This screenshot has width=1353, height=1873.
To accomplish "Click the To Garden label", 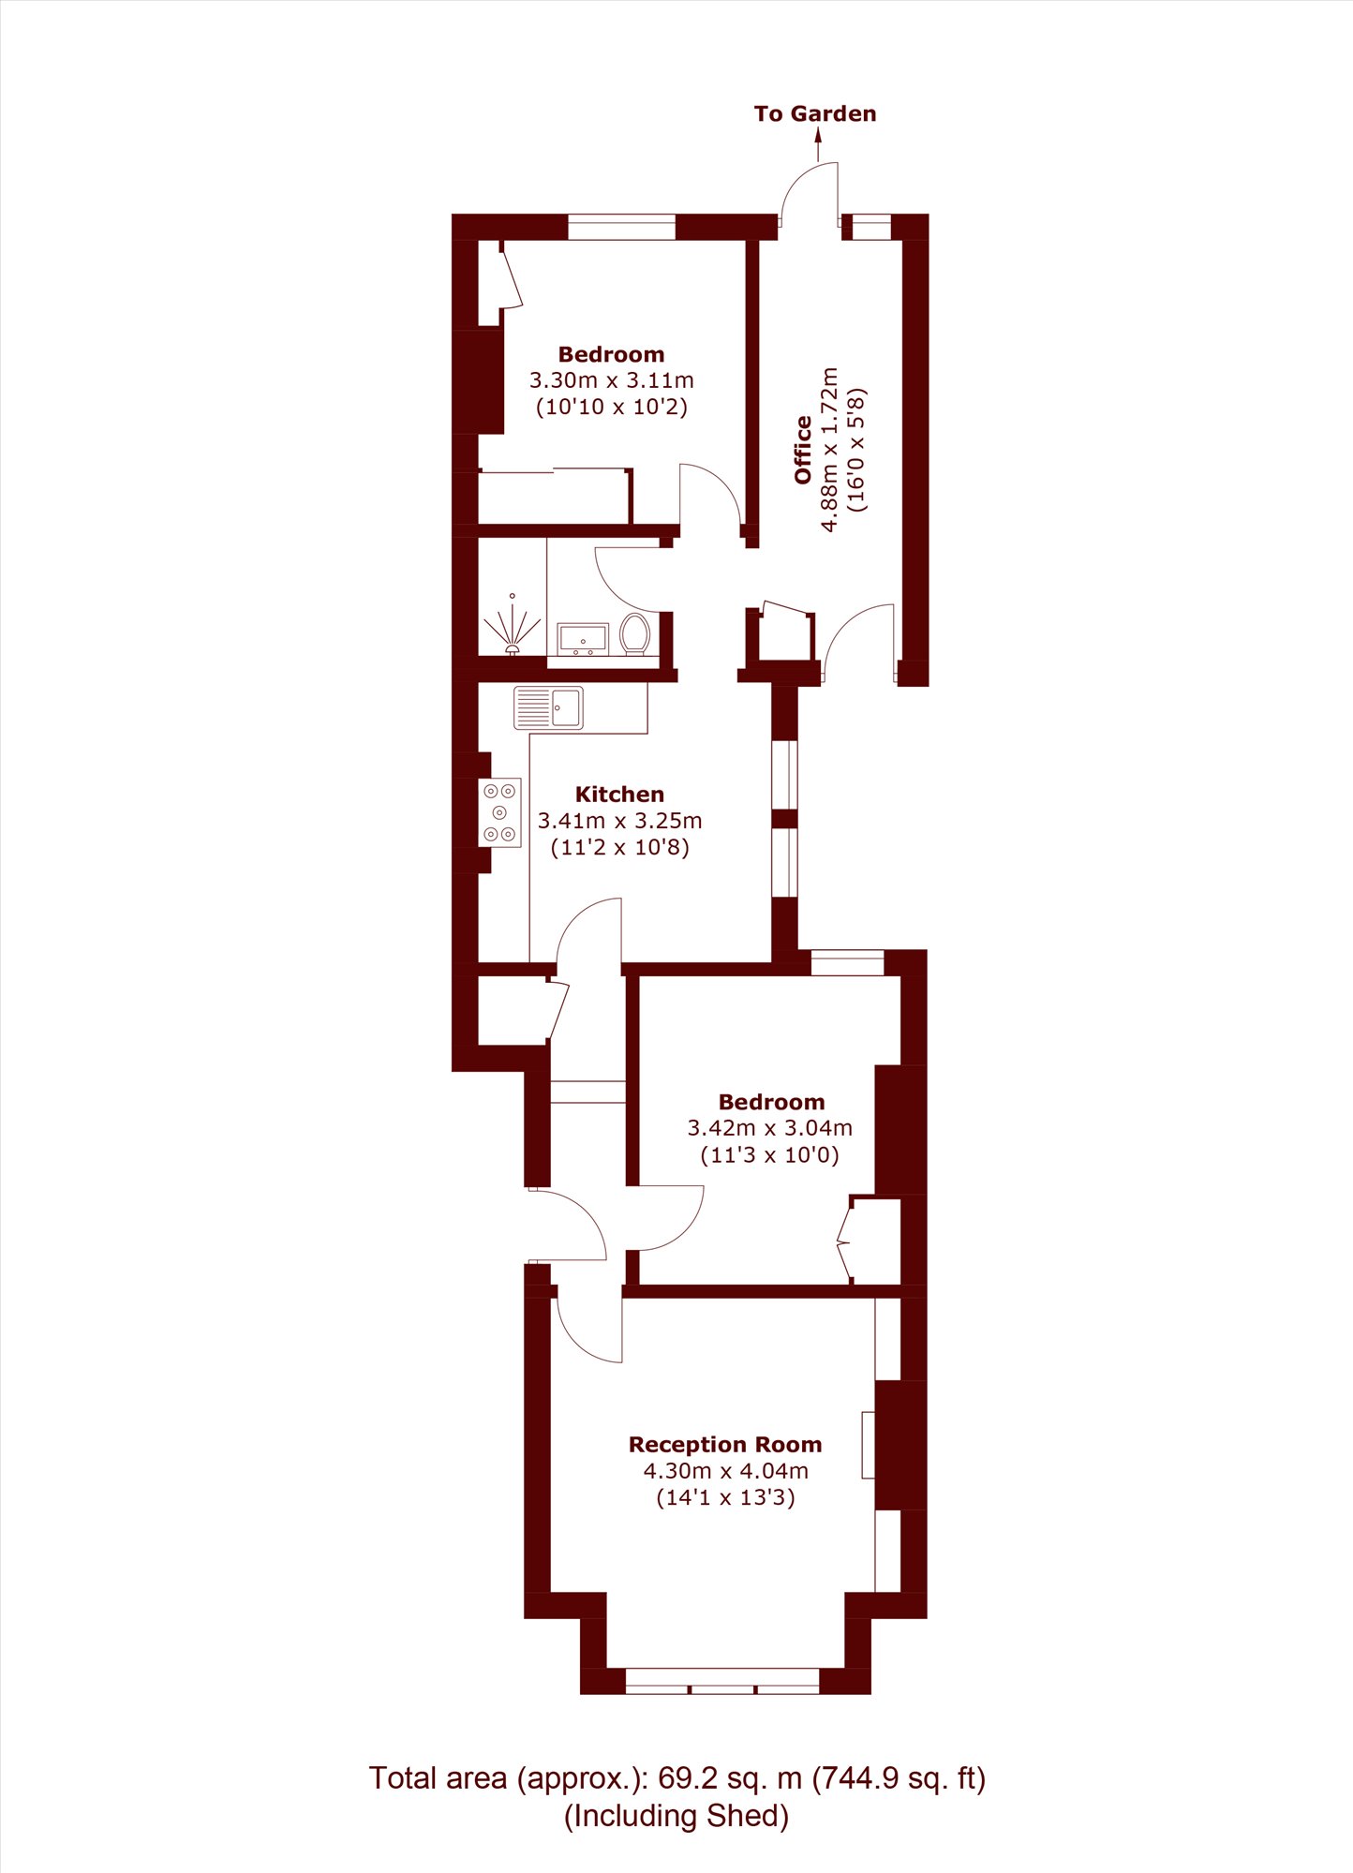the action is coord(815,114).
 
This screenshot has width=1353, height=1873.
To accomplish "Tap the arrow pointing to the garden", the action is coord(818,145).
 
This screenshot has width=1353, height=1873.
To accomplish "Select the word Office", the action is coord(803,450).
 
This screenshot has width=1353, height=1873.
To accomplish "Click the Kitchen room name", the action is coord(619,795).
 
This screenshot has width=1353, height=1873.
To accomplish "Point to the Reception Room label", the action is coord(725,1444).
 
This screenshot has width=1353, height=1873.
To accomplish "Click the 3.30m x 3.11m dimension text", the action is coord(612,380).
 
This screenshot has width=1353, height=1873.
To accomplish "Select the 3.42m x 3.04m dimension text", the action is coord(770,1128).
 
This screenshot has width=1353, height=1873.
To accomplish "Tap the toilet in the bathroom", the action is coord(635,634).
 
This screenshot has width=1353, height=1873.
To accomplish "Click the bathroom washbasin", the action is coord(583,640).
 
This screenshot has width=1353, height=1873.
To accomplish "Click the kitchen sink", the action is coord(548,708).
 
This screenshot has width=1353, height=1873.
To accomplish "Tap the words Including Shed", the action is coord(676,1816).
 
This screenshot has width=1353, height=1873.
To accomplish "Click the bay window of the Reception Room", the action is coord(722,1681).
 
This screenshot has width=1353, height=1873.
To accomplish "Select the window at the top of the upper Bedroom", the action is coord(621,227).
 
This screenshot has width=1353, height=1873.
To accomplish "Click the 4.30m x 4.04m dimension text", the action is coord(725,1471).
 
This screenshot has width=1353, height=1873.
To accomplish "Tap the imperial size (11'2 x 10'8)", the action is coord(619,847).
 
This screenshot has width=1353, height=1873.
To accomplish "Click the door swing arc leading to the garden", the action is coord(796,183).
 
